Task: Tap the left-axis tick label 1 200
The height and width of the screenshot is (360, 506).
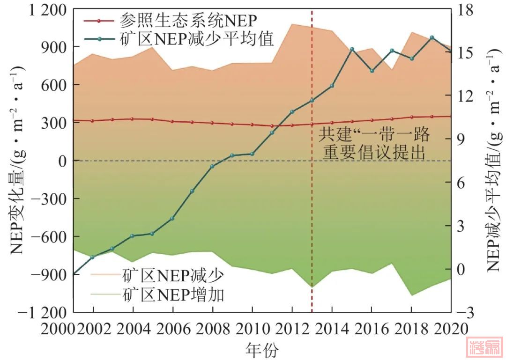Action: [44, 10]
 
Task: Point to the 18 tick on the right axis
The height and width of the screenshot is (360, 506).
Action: [469, 10]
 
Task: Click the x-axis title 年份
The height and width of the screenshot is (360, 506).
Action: [261, 349]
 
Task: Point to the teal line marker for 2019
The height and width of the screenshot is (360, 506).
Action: [432, 37]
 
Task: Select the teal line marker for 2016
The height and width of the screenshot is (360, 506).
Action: [372, 71]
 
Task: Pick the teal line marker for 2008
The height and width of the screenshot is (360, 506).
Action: [212, 166]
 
